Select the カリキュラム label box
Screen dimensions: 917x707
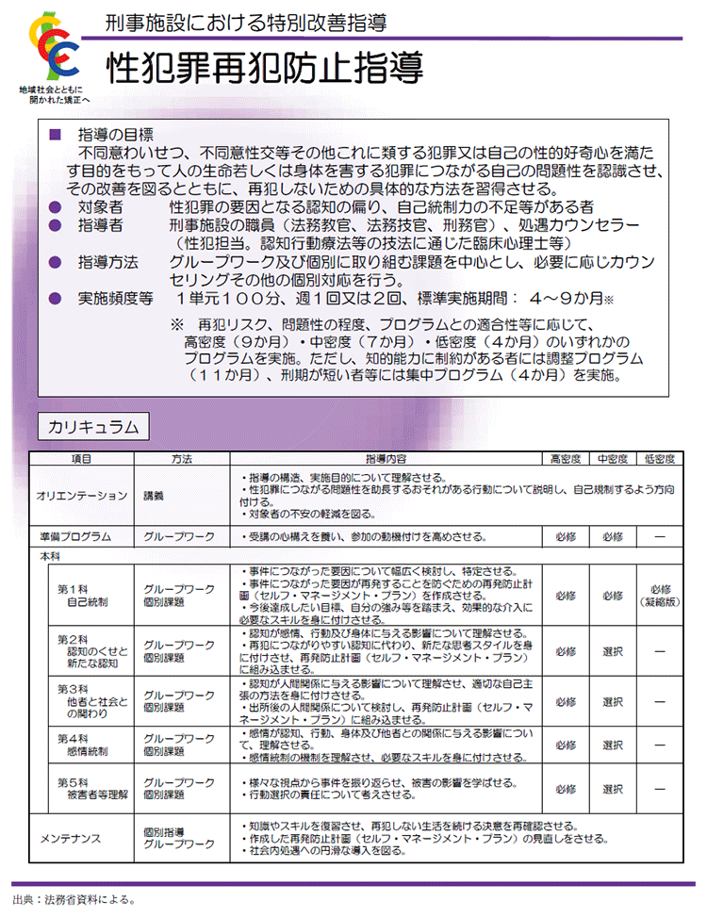pos(92,428)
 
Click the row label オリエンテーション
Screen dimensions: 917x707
pos(81,495)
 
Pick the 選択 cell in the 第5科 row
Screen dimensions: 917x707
pos(613,789)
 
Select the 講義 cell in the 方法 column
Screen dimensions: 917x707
pos(154,495)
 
